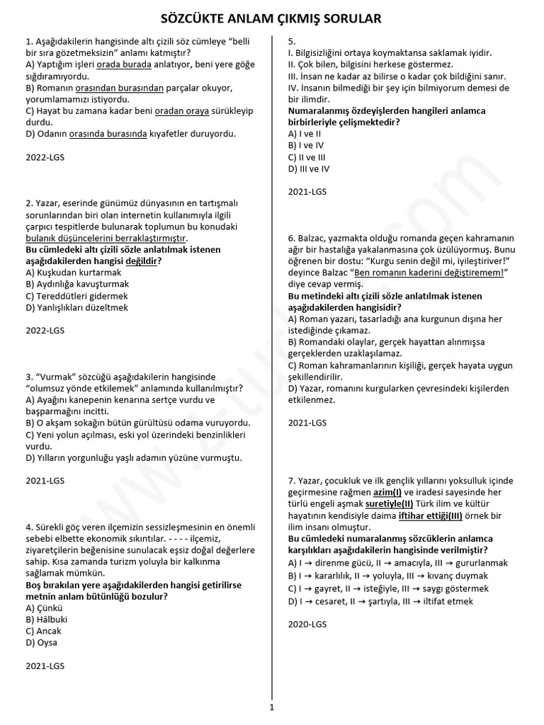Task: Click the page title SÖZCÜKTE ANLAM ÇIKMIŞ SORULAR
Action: tap(271, 18)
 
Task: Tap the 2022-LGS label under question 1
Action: tap(45, 157)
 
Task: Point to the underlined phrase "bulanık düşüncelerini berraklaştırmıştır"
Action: tap(106, 238)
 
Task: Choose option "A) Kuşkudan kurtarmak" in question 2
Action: tap(73, 273)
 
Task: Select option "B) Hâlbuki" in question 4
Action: tap(45, 620)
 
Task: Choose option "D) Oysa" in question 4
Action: tap(41, 643)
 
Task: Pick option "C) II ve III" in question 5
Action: tap(307, 157)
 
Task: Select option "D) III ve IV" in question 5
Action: tap(309, 169)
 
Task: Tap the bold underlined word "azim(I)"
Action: tap(387, 492)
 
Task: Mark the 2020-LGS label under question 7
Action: tap(307, 624)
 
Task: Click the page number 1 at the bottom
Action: tap(272, 707)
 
